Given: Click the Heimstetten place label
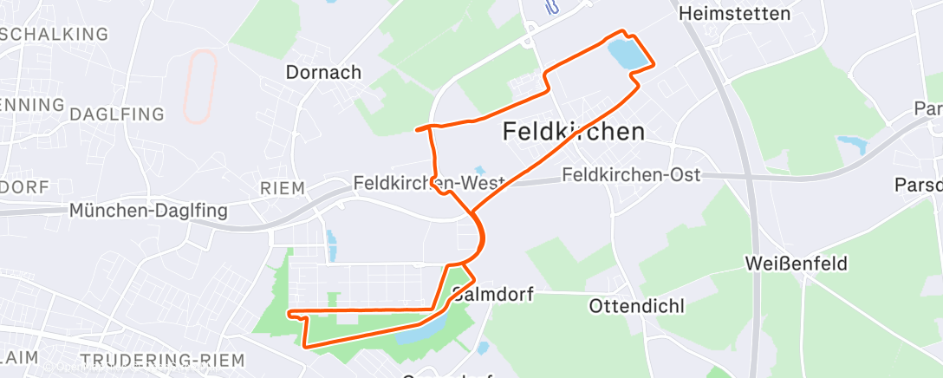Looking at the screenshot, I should [x=735, y=14].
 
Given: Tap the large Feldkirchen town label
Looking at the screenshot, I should [x=574, y=132].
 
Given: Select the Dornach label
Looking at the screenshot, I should [x=323, y=73].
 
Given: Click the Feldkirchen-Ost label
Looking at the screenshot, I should [x=631, y=175].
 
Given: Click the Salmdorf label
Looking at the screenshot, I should [x=503, y=295].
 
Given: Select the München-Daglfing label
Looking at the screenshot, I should [x=148, y=211].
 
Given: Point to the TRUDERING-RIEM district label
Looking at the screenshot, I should [x=160, y=360].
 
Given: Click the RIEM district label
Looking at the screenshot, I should [x=283, y=188].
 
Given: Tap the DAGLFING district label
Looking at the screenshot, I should [x=116, y=115].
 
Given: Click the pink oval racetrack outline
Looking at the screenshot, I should [x=200, y=85].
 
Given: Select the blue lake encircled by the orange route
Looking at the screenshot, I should [x=627, y=55].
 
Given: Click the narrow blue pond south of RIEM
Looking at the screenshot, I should [x=330, y=244].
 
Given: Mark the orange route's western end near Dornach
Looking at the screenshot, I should [x=417, y=129].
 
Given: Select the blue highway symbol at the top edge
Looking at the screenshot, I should [x=550, y=8].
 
